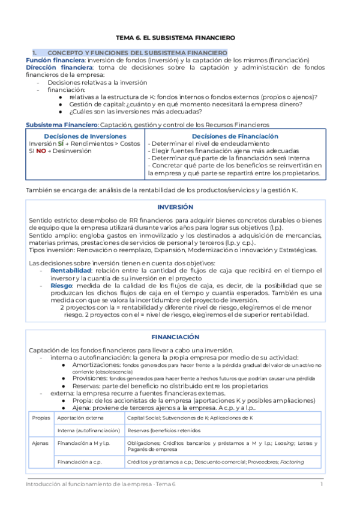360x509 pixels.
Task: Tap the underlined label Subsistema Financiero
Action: click(61, 124)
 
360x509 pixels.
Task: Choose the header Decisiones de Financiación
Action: click(235, 136)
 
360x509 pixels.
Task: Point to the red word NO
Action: click(41, 151)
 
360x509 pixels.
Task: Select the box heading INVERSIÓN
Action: click(175, 206)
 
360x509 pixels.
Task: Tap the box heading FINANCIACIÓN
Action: click(175, 337)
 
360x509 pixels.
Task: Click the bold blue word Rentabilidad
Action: click(70, 271)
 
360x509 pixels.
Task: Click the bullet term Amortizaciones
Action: click(95, 365)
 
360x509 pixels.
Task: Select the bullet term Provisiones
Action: click(90, 378)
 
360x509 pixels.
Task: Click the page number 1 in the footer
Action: click(322, 484)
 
